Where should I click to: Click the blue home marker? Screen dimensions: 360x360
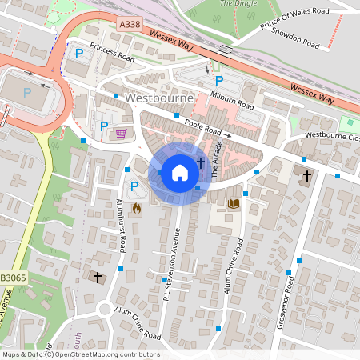(180, 172)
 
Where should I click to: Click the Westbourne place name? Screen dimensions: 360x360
(158, 99)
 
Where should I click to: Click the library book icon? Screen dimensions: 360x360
(234, 204)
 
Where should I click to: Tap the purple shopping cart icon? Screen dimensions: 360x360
(122, 134)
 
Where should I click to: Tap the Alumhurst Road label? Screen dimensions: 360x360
(123, 226)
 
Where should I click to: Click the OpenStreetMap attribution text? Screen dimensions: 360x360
(80, 354)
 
